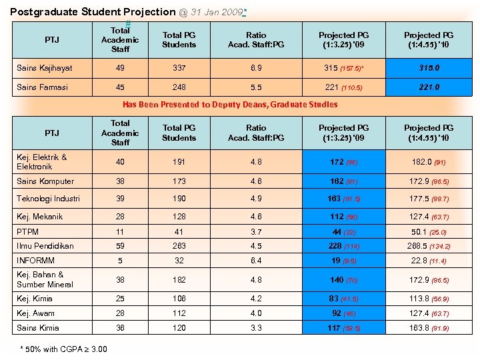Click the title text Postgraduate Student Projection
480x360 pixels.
[x=93, y=11]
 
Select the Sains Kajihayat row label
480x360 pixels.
[x=45, y=68]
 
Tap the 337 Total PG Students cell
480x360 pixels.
[x=179, y=68]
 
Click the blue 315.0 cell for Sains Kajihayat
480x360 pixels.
[x=429, y=68]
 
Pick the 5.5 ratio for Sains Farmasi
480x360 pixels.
[x=255, y=87]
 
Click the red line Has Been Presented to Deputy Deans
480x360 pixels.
[x=230, y=104]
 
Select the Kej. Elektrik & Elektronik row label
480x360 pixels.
[x=42, y=162]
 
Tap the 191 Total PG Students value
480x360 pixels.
[x=179, y=162]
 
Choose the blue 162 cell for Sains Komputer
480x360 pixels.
[x=343, y=181]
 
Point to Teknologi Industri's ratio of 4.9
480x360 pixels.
[x=255, y=199]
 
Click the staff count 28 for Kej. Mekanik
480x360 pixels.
[x=120, y=217]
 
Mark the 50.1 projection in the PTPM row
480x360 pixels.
[x=429, y=231]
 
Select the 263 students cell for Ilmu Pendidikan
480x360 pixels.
[x=179, y=246]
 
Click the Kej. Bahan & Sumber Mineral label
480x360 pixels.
[x=41, y=279]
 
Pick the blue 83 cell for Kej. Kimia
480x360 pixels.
[x=343, y=299]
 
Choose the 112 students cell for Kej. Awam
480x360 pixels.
[x=179, y=313]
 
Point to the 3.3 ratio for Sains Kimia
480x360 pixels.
[x=255, y=328]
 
